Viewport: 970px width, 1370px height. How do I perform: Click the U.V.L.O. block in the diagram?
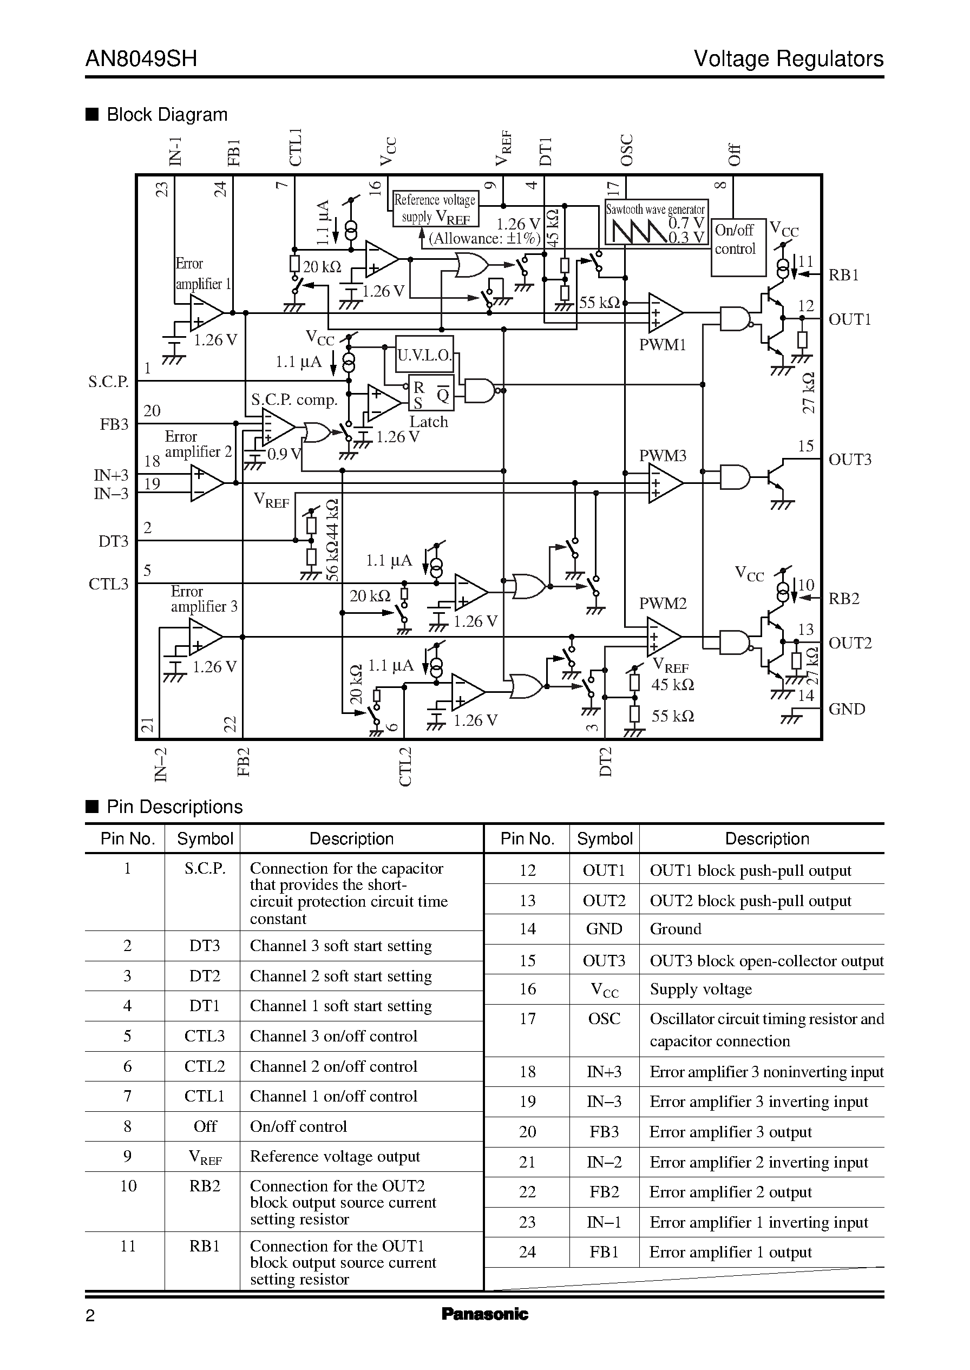click(424, 355)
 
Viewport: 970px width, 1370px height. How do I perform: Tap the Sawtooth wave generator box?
click(656, 222)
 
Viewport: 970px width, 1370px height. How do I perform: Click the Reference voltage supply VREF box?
click(434, 208)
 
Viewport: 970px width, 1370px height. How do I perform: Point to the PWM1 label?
click(663, 345)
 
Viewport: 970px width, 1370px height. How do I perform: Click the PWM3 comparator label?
click(663, 456)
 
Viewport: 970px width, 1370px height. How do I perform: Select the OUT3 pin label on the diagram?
click(849, 459)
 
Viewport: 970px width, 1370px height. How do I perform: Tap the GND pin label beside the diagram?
click(847, 709)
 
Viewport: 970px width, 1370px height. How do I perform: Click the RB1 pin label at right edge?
click(843, 276)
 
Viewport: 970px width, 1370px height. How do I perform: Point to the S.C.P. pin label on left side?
click(108, 382)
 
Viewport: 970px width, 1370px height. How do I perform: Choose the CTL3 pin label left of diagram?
click(108, 584)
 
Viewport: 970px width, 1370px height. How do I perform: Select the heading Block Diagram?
click(167, 115)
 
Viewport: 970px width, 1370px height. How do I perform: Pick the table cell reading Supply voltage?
click(700, 989)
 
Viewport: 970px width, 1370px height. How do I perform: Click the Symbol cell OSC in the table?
click(604, 1019)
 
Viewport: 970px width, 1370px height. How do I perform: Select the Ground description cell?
click(675, 929)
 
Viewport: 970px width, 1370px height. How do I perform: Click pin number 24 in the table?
click(527, 1252)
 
